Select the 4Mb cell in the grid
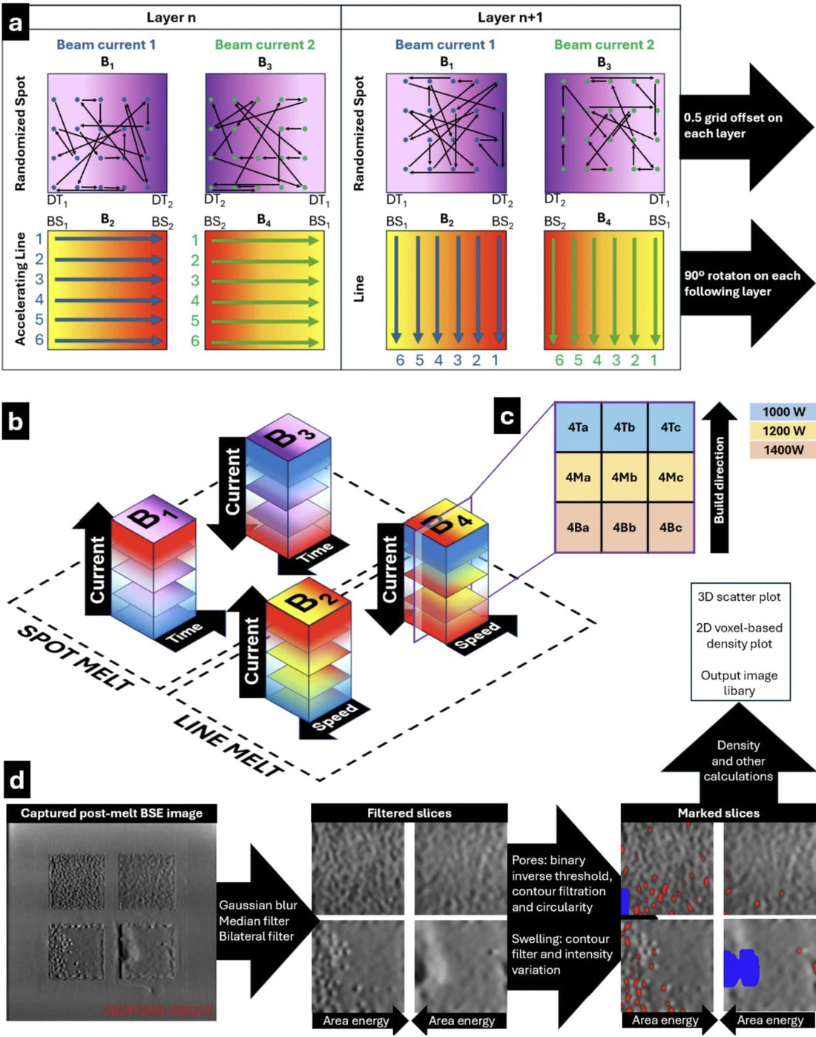624,477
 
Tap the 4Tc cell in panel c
671,427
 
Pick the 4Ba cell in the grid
578,527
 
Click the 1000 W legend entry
783,412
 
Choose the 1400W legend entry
783,450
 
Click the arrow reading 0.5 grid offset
746,126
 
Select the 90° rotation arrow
746,283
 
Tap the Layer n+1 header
510,17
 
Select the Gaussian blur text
257,905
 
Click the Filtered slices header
409,813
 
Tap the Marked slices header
718,813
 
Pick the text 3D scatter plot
739,596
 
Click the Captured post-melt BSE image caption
111,813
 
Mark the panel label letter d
16,781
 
